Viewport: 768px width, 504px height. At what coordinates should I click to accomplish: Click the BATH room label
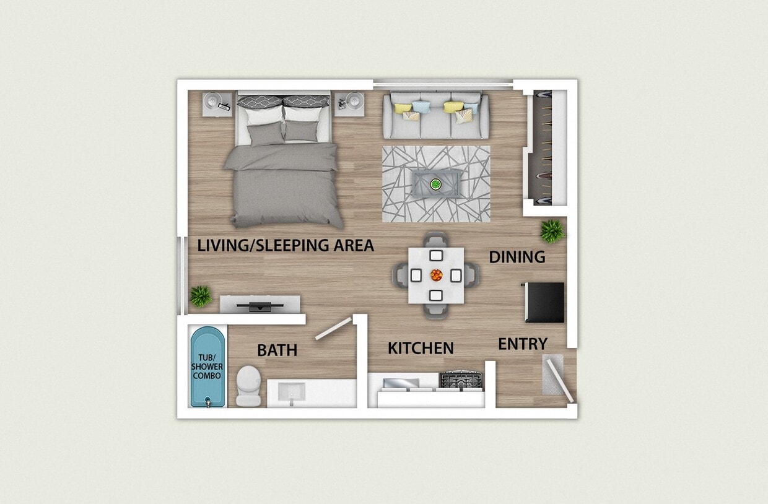click(277, 350)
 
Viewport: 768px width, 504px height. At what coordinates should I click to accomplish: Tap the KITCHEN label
click(421, 349)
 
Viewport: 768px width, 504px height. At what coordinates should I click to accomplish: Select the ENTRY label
click(523, 344)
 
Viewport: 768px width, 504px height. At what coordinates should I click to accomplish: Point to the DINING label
click(517, 257)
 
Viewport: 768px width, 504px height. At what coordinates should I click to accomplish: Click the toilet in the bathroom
click(248, 386)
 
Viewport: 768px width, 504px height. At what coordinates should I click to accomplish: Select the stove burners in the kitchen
click(460, 379)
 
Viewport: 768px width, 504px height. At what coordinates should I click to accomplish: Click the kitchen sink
click(401, 383)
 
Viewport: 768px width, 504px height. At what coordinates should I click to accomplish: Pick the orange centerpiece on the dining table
click(436, 274)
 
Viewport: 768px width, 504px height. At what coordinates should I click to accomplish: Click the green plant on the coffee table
click(436, 184)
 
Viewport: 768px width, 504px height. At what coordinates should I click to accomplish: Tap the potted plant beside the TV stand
click(201, 296)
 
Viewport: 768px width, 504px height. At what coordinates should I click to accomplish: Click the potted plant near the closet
click(551, 231)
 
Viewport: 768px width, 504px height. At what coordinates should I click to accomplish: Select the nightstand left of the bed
click(217, 104)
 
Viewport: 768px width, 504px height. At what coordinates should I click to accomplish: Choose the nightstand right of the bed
click(351, 104)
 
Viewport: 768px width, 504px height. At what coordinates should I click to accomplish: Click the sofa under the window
click(435, 116)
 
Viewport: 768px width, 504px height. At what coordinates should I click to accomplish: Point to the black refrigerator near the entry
click(544, 302)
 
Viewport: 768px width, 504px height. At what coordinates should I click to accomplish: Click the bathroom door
click(333, 329)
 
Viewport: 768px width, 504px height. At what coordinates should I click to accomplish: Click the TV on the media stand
click(260, 305)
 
